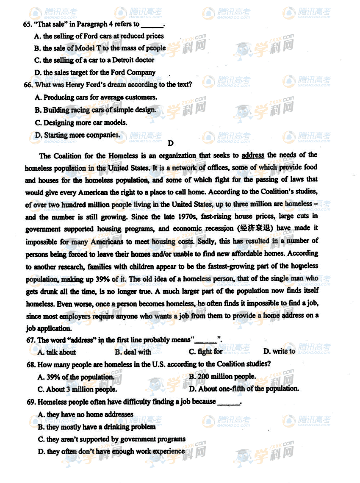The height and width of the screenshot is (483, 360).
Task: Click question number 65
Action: click(28, 25)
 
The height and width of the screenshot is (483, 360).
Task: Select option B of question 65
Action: click(100, 48)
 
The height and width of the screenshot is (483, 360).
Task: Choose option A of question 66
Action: click(96, 97)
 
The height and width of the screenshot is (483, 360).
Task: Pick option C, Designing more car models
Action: click(81, 123)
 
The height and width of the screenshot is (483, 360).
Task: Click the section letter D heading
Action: click(171, 143)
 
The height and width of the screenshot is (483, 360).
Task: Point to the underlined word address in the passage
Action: click(253, 155)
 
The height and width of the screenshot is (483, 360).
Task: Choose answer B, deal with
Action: click(133, 352)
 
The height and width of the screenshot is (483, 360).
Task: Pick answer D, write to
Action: click(279, 351)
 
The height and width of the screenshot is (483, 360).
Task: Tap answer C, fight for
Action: click(205, 352)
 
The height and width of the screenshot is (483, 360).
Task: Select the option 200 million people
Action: click(222, 376)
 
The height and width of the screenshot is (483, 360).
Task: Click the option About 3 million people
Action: click(77, 389)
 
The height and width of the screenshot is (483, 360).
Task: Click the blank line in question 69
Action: click(228, 402)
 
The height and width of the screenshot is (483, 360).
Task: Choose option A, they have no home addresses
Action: click(86, 414)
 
